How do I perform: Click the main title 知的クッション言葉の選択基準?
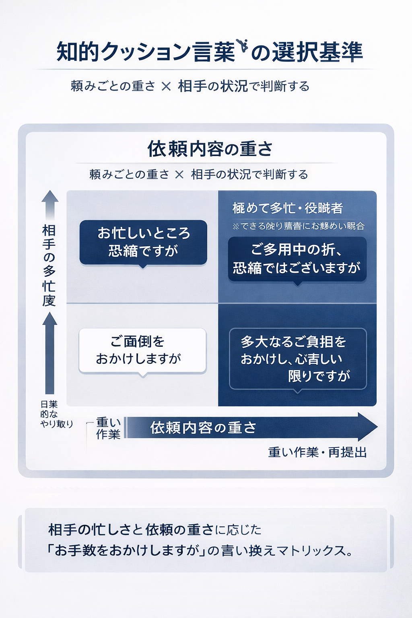(209, 51)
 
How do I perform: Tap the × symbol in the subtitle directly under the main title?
(166, 86)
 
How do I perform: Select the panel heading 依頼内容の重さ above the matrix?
(210, 149)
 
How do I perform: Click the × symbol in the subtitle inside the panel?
(179, 175)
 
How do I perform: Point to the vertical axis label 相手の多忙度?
(49, 266)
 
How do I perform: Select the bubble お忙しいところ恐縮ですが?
(143, 242)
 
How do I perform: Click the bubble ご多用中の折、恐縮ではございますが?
(297, 259)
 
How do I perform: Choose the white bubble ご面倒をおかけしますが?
(142, 350)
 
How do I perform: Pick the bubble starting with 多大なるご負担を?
(298, 358)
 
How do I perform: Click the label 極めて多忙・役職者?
(287, 208)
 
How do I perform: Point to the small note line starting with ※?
(298, 226)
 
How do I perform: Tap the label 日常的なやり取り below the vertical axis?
(55, 414)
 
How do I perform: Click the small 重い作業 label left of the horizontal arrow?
(108, 428)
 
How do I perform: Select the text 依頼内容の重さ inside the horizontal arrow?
(203, 428)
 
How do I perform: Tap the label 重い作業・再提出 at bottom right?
(317, 453)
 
